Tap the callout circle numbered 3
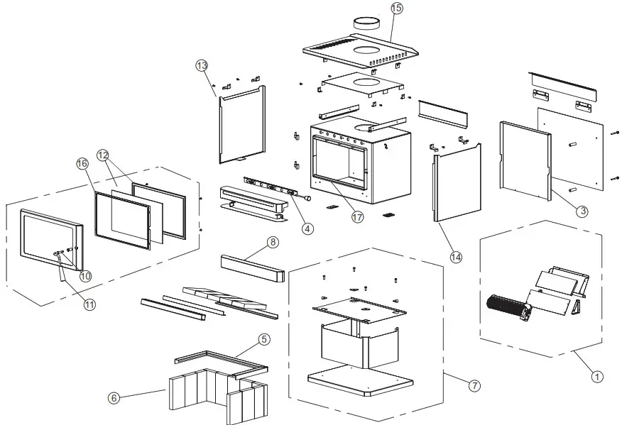pyautogui.click(x=582, y=211)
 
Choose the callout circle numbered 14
pyautogui.click(x=456, y=257)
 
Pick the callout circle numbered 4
pyautogui.click(x=307, y=229)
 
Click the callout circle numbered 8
pyautogui.click(x=273, y=242)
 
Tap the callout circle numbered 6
pyautogui.click(x=114, y=398)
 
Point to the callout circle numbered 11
pyautogui.click(x=90, y=305)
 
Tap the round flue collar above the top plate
pyautogui.click(x=372, y=23)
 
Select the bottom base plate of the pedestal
pyautogui.click(x=361, y=384)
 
